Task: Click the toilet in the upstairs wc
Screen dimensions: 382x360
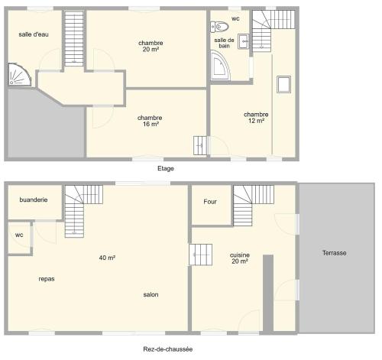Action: click(x=219, y=27)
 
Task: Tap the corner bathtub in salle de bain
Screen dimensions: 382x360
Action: click(x=219, y=66)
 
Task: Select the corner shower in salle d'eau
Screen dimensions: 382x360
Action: click(x=19, y=75)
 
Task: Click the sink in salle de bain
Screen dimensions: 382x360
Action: click(x=244, y=41)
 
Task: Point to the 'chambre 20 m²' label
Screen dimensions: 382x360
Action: click(x=151, y=46)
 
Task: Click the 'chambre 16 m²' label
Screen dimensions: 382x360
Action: click(x=150, y=121)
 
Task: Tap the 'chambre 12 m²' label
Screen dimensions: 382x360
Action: click(x=256, y=118)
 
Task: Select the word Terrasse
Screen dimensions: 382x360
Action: click(x=335, y=253)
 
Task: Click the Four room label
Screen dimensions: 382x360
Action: click(x=210, y=202)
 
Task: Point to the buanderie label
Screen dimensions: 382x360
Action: click(x=34, y=199)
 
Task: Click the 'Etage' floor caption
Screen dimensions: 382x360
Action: click(x=166, y=168)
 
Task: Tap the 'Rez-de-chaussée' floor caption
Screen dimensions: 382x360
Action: click(x=168, y=349)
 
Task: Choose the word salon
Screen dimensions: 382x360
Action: click(x=151, y=295)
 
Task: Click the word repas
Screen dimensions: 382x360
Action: click(x=47, y=279)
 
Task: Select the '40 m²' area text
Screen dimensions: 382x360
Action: click(x=107, y=258)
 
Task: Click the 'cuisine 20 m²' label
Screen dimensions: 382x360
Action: click(x=240, y=258)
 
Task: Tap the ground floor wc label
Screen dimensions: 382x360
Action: click(x=19, y=235)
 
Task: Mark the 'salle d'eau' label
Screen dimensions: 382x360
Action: click(x=34, y=34)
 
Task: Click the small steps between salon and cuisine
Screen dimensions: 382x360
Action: click(x=201, y=255)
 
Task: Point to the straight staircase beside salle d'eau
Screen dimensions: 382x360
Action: click(x=74, y=39)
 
